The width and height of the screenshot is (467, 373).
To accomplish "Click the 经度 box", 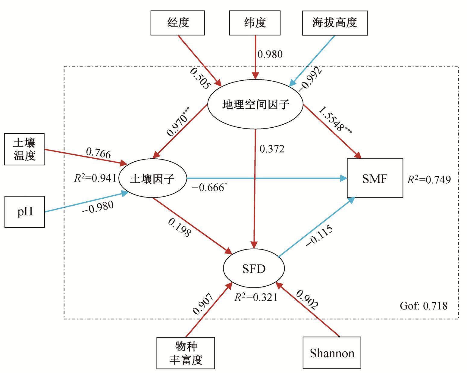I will (177, 23).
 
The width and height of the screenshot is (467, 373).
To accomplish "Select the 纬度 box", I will (255, 23).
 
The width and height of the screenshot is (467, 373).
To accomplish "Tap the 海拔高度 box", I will (335, 23).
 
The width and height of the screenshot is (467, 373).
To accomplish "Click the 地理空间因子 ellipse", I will (255, 104).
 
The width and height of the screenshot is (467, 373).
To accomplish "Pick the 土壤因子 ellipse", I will (152, 179).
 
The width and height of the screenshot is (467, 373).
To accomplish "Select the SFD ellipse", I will (254, 268).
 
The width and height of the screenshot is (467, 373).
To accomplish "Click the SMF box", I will (375, 179).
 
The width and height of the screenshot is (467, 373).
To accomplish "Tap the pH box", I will (25, 212).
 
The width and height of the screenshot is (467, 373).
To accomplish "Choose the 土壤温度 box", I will (24, 149).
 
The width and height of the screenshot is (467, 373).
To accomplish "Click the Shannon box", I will (332, 353).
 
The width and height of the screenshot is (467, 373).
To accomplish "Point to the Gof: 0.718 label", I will (423, 306).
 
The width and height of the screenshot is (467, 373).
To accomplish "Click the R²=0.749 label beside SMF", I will (429, 180).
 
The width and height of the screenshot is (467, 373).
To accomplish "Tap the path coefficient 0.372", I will (272, 149).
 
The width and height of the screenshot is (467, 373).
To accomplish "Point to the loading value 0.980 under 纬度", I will (270, 54).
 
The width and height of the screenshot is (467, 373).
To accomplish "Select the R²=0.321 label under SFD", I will (256, 297).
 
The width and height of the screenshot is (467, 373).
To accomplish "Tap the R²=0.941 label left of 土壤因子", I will (95, 179).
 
